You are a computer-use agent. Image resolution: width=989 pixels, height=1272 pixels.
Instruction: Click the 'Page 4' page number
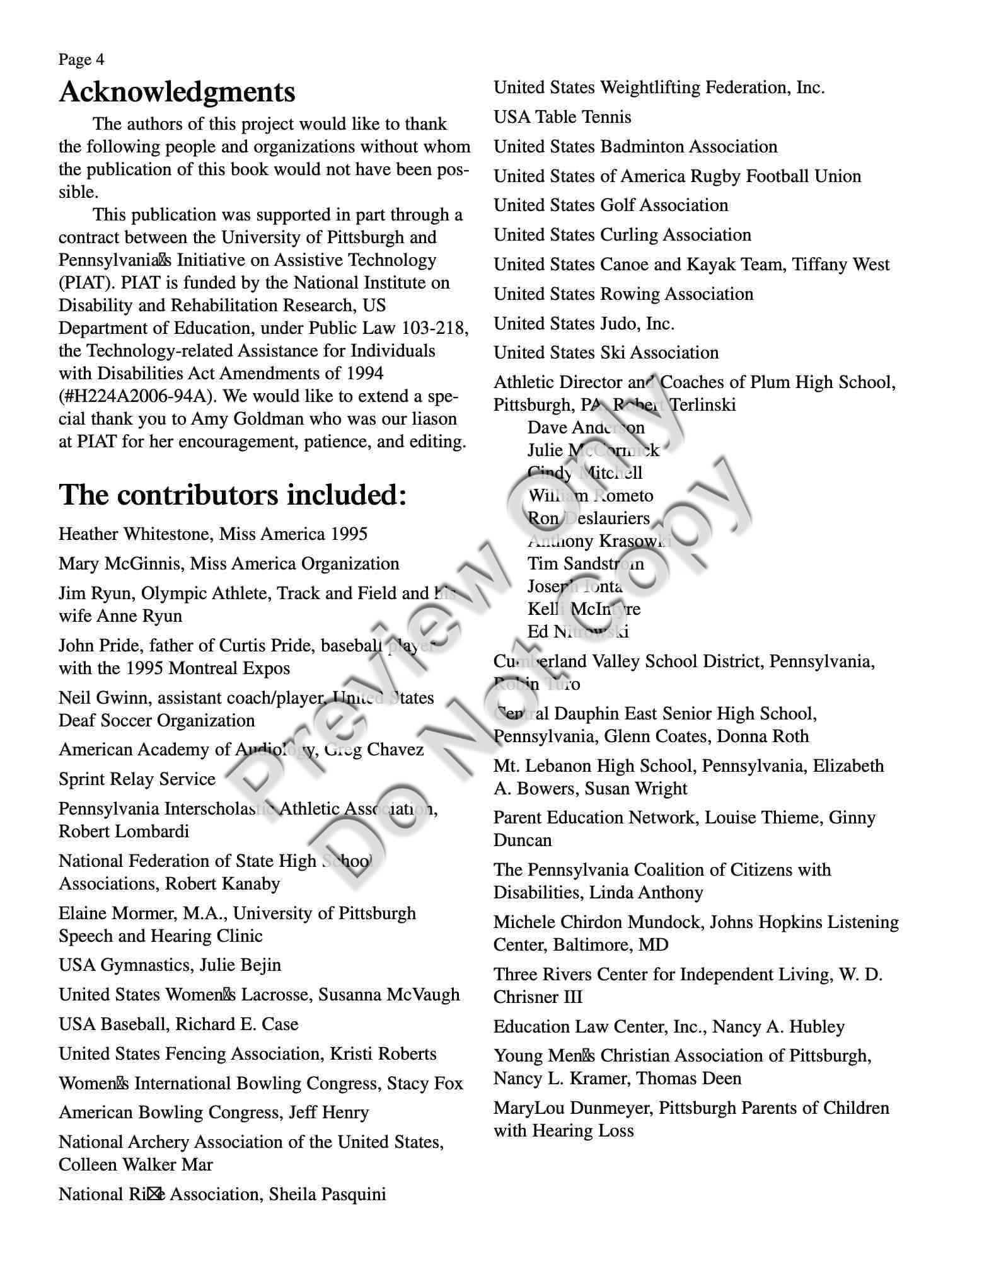(81, 60)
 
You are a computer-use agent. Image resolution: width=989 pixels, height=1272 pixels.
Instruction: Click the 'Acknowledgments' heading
(177, 92)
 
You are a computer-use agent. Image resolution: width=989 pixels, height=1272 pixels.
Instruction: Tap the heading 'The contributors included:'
(233, 495)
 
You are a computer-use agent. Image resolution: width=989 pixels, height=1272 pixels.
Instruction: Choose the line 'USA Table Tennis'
(562, 117)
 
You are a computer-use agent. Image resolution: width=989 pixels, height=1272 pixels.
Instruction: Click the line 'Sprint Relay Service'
(137, 779)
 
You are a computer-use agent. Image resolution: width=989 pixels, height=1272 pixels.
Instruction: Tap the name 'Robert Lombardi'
(124, 832)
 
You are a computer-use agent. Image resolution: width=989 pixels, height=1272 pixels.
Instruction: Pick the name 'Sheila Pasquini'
(327, 1195)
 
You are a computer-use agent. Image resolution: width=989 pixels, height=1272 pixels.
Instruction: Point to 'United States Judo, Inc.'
(584, 324)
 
